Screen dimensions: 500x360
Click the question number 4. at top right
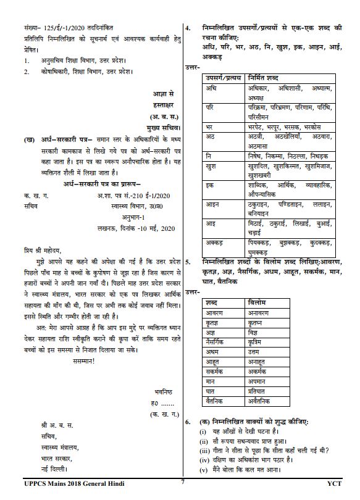188,28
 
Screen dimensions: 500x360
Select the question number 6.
188,421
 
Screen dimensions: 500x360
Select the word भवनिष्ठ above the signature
162,391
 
